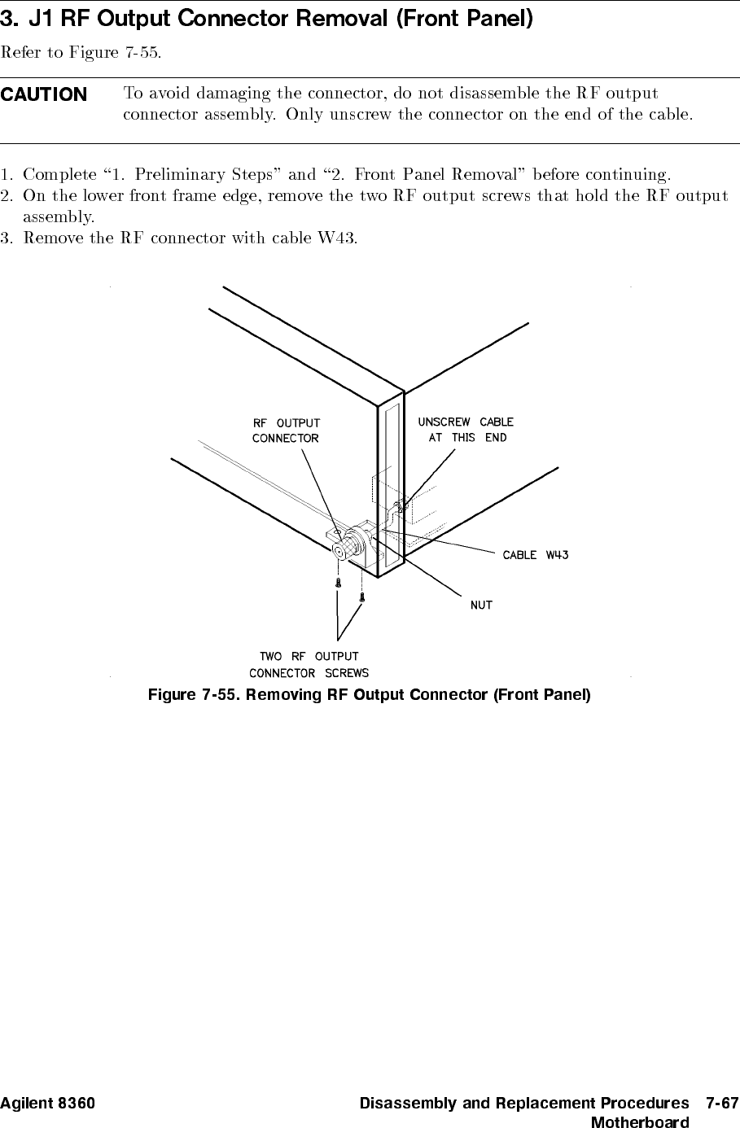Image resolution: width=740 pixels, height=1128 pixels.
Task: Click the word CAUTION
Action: (44, 94)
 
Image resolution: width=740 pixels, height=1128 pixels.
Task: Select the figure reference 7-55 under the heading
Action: (142, 54)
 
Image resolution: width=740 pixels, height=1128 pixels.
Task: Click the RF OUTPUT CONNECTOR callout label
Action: (286, 431)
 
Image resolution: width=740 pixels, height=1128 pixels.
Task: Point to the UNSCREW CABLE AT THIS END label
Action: (466, 430)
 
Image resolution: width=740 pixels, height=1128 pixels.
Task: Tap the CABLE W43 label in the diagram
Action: (535, 555)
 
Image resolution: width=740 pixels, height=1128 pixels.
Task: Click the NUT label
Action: (481, 606)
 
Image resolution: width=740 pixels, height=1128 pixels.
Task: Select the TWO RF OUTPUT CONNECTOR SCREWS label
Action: (309, 664)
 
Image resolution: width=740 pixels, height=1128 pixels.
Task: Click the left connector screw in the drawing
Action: (338, 583)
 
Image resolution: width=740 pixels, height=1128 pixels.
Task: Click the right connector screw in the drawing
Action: (361, 597)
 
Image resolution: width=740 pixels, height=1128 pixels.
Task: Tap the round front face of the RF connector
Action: (338, 551)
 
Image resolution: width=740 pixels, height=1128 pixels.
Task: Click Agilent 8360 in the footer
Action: (47, 1104)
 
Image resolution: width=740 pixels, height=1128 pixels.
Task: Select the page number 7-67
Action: (721, 1104)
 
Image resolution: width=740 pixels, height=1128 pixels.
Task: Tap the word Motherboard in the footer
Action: (639, 1122)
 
